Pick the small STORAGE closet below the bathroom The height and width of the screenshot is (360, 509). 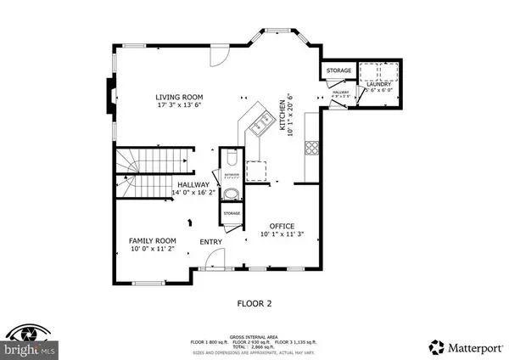[232, 213]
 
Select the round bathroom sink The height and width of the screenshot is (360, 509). [232, 193]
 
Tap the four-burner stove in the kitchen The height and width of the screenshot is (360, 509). [311, 146]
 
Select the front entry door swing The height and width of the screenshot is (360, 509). [214, 258]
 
